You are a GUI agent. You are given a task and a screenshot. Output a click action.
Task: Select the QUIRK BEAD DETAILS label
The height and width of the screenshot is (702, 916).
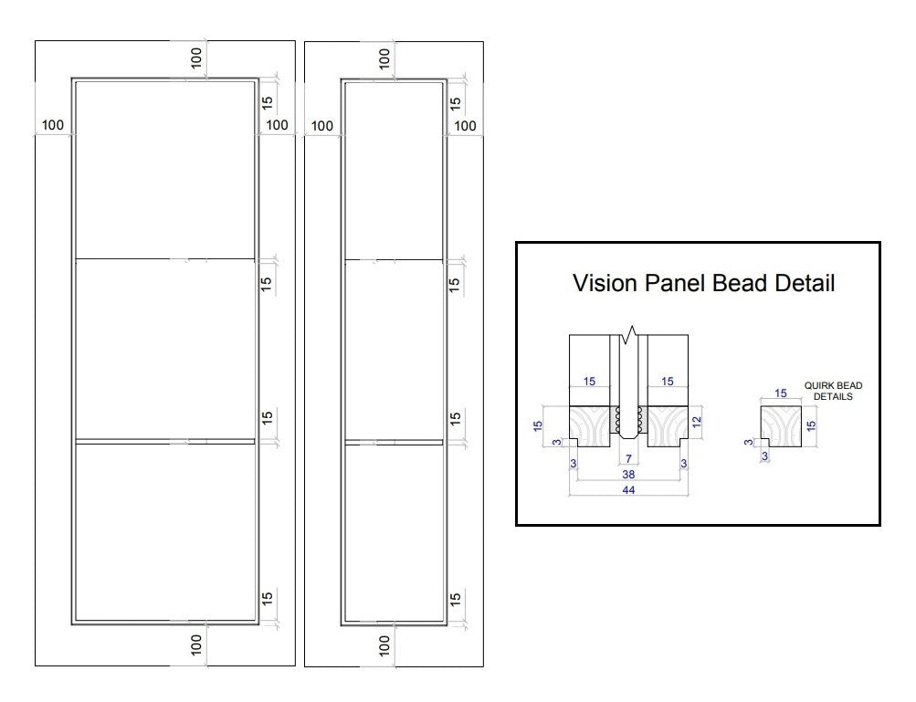pyautogui.click(x=833, y=391)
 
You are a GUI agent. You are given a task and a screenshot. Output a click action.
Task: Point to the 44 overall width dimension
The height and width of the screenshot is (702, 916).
pyautogui.click(x=628, y=490)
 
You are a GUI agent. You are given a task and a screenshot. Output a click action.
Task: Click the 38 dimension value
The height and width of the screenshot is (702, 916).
pyautogui.click(x=628, y=474)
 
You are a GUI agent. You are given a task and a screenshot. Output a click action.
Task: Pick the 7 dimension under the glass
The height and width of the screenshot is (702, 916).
pyautogui.click(x=628, y=458)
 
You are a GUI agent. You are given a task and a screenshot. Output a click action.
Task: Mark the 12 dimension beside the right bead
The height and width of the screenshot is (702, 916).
pyautogui.click(x=696, y=422)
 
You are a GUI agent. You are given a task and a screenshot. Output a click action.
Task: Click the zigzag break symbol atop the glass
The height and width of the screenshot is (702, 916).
pyautogui.click(x=629, y=335)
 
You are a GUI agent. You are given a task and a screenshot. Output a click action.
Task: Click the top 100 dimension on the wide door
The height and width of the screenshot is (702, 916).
pyautogui.click(x=196, y=58)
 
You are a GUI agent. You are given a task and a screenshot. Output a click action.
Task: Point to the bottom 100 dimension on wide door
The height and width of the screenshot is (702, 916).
pyautogui.click(x=196, y=644)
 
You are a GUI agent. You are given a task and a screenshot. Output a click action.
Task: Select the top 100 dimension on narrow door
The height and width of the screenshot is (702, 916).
pyautogui.click(x=384, y=58)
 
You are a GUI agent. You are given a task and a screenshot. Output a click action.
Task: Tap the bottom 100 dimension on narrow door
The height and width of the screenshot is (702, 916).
pyautogui.click(x=384, y=645)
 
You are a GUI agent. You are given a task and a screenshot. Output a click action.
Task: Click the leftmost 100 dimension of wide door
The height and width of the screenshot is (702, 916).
pyautogui.click(x=53, y=125)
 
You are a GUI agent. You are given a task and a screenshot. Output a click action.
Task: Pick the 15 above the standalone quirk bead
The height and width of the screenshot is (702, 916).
pyautogui.click(x=781, y=393)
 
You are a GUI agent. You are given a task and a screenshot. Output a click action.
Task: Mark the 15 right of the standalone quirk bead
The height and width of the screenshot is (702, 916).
pyautogui.click(x=811, y=425)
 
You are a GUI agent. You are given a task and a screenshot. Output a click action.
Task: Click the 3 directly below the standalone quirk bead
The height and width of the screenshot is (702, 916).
pyautogui.click(x=764, y=456)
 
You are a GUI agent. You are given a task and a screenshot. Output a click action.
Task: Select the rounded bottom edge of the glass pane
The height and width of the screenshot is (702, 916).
pyautogui.click(x=628, y=435)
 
